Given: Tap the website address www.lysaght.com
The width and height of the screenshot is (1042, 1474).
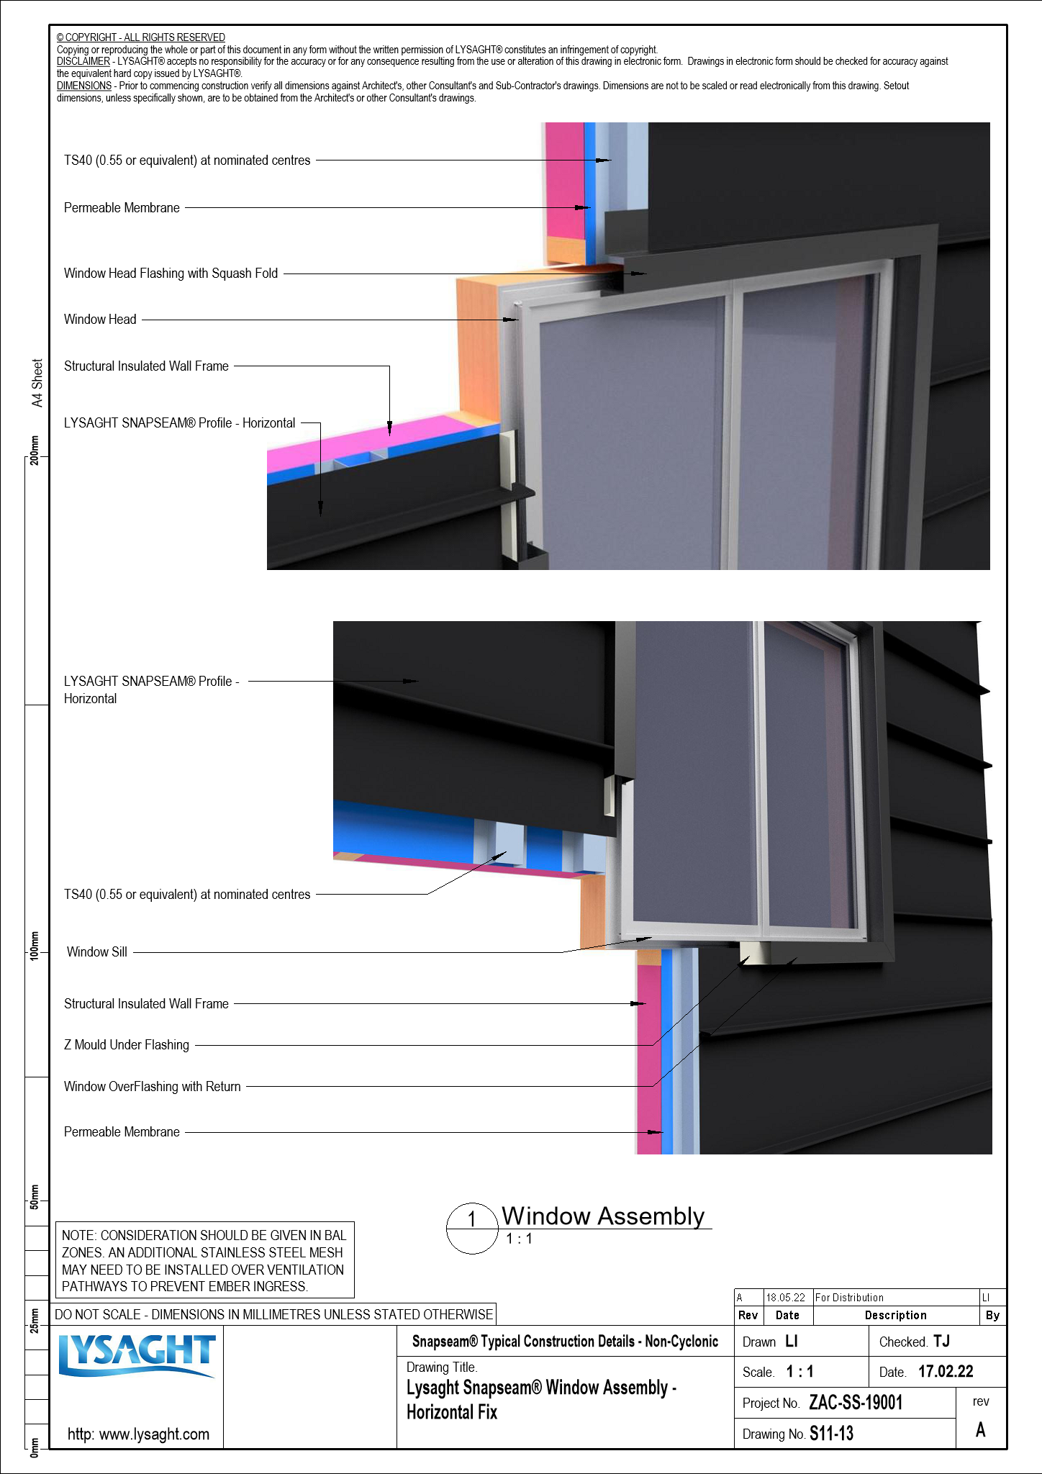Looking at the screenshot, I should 138,1434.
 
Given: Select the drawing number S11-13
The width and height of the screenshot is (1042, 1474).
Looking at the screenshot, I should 831,1433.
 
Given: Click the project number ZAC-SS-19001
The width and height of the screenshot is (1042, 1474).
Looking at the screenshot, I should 856,1402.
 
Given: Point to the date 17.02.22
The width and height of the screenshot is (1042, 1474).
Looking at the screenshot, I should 946,1371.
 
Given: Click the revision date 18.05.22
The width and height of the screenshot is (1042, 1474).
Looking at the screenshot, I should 785,1297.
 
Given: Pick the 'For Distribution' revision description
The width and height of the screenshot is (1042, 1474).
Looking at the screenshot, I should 849,1297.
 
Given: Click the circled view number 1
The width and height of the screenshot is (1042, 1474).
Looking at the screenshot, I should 472,1218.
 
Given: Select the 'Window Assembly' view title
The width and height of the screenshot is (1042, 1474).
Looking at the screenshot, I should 603,1216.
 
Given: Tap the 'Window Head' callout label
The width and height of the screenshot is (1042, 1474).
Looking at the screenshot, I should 100,320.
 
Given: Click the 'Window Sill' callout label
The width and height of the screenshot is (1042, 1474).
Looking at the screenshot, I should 97,951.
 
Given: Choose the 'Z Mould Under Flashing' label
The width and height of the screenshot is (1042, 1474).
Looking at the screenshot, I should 127,1044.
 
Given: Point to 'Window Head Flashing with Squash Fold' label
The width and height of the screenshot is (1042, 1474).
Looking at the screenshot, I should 171,273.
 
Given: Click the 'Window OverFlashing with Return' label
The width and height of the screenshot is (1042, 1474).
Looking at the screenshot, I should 153,1086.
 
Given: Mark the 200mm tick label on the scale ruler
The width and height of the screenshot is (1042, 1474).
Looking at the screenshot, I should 35,451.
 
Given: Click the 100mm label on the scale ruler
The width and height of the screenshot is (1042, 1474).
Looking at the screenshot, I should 35,946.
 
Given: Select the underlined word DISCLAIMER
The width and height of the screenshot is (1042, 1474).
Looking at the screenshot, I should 83,62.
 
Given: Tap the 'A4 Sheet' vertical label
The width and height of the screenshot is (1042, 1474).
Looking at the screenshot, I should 37,383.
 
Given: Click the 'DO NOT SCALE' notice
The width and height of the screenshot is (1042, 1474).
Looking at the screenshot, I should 273,1314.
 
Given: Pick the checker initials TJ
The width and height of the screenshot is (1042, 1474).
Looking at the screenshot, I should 941,1341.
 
